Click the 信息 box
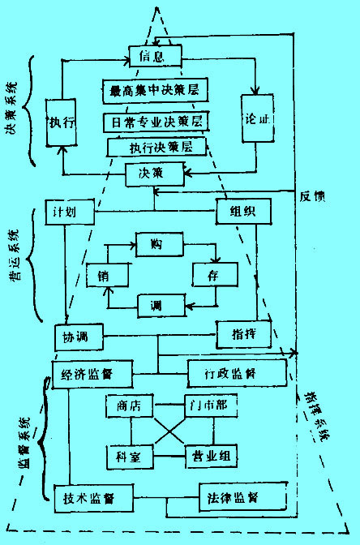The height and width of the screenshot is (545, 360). point(155,56)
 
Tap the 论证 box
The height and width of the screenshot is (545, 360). point(255,119)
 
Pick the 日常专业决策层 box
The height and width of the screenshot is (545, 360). point(154,121)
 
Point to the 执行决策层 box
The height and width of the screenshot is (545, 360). point(156,148)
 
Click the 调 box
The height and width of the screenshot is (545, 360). point(155,307)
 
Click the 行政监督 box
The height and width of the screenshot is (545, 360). point(237,374)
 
